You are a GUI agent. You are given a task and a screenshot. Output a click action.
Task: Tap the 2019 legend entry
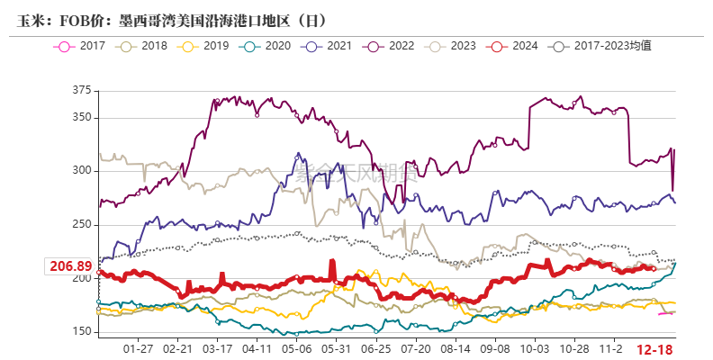204,45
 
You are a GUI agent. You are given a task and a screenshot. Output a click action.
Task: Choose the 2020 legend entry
265,45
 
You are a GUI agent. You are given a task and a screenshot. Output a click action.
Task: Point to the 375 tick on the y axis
82,90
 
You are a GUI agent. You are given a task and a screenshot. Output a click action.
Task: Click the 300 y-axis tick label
82,171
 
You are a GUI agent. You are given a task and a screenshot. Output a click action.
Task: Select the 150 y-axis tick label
82,332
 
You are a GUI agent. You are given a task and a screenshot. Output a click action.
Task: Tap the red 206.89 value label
69,266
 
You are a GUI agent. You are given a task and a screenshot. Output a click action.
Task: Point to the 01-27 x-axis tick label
137,348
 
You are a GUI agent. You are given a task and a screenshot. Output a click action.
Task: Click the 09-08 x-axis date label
494,348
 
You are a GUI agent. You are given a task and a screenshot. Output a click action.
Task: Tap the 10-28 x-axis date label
573,348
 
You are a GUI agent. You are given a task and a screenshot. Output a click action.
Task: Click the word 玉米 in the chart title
31,19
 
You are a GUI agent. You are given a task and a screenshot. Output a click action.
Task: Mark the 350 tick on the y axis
82,117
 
